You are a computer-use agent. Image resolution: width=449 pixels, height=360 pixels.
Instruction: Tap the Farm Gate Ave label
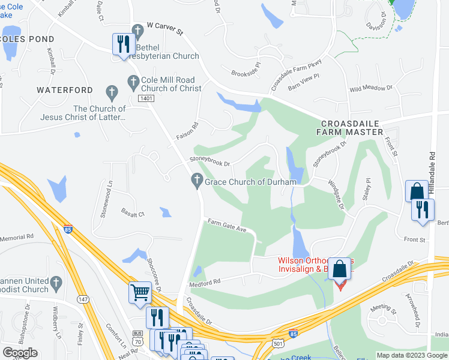coord(228,226)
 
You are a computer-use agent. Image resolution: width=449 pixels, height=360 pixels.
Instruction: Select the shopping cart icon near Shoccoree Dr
coord(140,293)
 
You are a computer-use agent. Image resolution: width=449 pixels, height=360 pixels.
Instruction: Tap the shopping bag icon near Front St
coord(417,191)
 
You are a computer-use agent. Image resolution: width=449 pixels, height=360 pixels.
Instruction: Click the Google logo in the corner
coord(20,353)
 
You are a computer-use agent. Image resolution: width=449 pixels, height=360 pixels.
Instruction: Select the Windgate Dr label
coord(335,194)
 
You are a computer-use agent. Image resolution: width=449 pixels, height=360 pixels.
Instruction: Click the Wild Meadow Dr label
coord(370,88)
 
